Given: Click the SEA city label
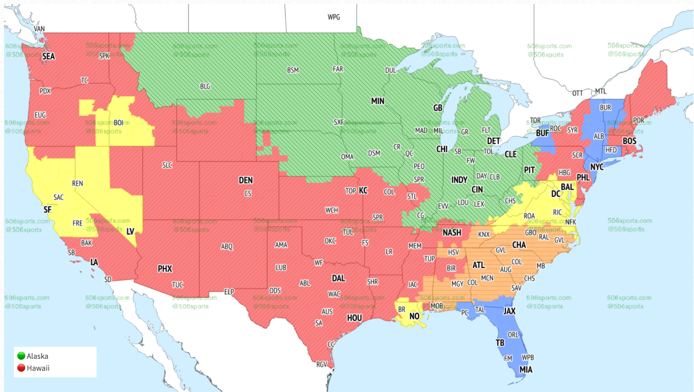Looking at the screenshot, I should (48, 56).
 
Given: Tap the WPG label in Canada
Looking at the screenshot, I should (334, 17).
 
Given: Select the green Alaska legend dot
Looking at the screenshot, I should (21, 356).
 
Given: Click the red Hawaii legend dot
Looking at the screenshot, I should (21, 368).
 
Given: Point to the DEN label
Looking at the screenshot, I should (246, 180).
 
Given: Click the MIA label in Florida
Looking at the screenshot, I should (526, 369).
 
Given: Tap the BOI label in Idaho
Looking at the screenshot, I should (119, 123).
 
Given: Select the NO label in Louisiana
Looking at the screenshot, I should (414, 316).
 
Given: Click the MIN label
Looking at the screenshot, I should (378, 101).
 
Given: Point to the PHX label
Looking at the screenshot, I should (165, 268).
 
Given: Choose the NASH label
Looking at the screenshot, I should (452, 233).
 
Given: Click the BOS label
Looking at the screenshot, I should (629, 141).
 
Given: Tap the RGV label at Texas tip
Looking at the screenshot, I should (321, 364).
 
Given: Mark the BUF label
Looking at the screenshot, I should (542, 133).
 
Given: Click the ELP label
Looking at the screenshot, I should (229, 292).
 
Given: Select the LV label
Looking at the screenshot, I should (130, 231).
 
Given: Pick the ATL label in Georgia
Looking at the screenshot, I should (478, 265).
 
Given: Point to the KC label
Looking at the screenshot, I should (363, 190).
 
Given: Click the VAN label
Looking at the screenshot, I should (39, 29).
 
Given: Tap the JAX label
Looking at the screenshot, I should (509, 311).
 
